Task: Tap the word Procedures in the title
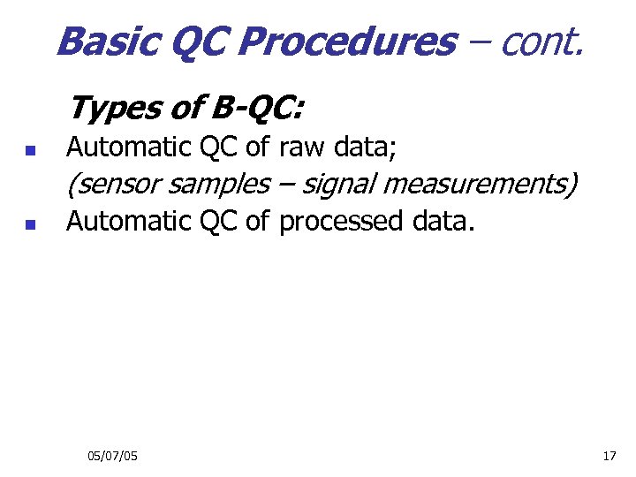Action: pos(347,41)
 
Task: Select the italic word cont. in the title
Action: pos(541,41)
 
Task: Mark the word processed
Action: pos(342,221)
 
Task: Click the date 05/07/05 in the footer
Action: pos(112,456)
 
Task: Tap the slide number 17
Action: pos(609,456)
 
